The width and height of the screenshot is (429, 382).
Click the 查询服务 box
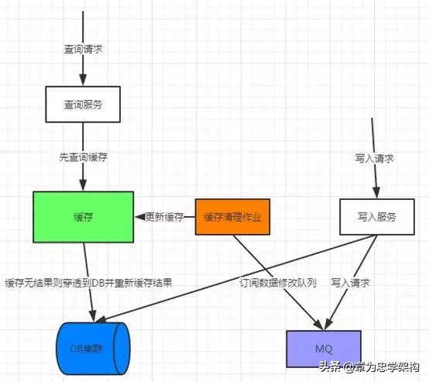pyautogui.click(x=83, y=103)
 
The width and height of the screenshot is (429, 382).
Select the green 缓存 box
pyautogui.click(x=83, y=217)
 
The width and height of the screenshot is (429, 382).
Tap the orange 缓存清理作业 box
pyautogui.click(x=233, y=217)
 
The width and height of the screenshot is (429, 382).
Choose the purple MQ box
pyautogui.click(x=323, y=348)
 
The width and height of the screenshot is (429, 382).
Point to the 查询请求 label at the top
pyautogui.click(x=83, y=48)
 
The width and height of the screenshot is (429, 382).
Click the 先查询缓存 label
pyautogui.click(x=83, y=157)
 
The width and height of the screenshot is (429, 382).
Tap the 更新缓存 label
pyautogui.click(x=165, y=217)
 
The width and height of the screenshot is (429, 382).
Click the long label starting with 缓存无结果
pyautogui.click(x=88, y=283)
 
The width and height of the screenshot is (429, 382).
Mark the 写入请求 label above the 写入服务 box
pyautogui.click(x=375, y=158)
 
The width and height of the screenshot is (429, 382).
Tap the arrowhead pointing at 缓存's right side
pyautogui.click(x=140, y=217)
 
